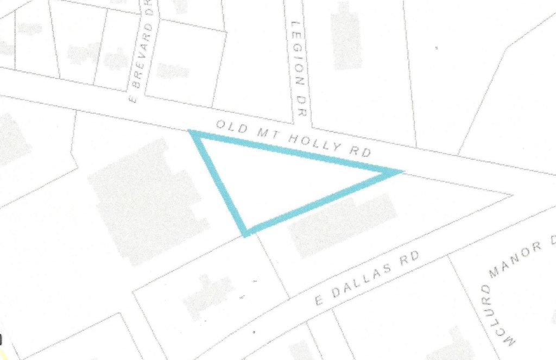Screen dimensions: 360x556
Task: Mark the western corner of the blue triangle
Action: pyautogui.click(x=192, y=132)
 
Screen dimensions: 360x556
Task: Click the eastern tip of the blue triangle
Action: pyautogui.click(x=401, y=172)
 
